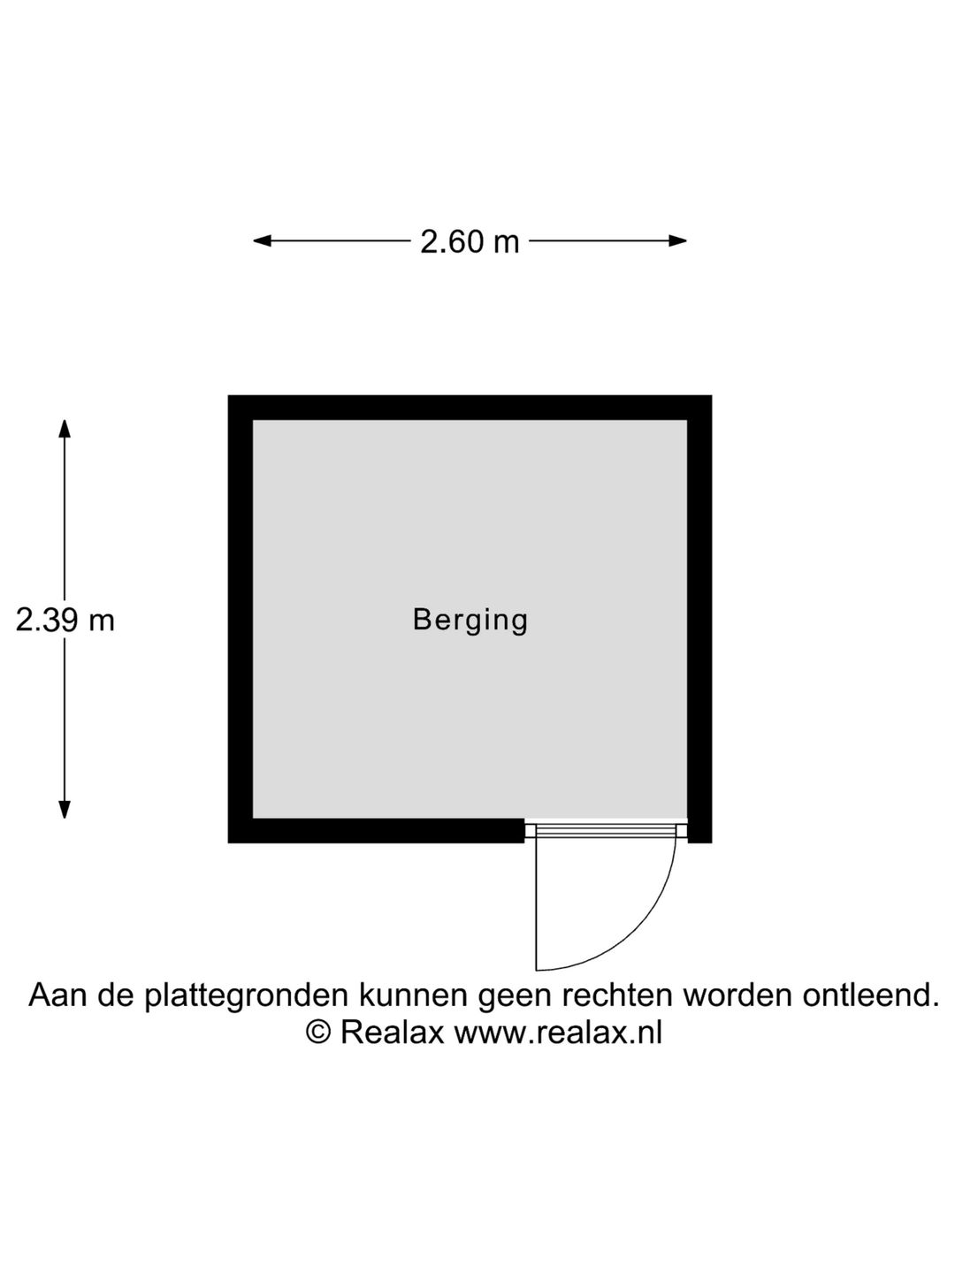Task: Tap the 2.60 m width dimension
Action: click(470, 241)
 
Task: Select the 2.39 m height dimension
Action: click(65, 621)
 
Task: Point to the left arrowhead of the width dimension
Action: click(262, 240)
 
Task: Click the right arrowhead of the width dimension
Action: click(678, 240)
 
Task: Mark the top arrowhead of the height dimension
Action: click(65, 428)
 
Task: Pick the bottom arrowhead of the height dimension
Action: click(65, 810)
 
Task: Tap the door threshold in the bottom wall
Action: click(606, 830)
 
